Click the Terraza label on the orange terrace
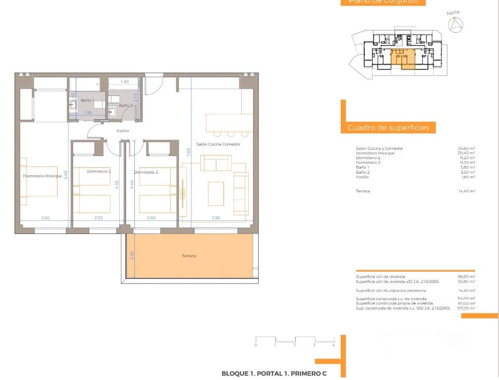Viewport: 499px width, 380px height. [189, 256]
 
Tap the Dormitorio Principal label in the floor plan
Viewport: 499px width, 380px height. [42, 176]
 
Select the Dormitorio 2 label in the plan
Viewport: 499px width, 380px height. [99, 171]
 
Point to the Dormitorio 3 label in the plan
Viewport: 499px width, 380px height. [146, 172]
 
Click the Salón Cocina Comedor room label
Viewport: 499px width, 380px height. [218, 144]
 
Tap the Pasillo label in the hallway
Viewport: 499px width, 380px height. [122, 131]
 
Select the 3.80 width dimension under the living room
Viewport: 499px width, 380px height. [216, 218]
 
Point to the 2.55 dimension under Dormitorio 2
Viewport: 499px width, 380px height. [99, 218]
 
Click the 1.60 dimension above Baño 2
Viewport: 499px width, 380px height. [124, 82]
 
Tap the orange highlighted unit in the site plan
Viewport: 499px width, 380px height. [402, 58]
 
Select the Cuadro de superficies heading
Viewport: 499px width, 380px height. [388, 128]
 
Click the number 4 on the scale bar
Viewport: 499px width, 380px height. [334, 345]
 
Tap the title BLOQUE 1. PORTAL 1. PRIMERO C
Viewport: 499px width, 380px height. [274, 373]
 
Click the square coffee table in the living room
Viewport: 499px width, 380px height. [216, 193]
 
